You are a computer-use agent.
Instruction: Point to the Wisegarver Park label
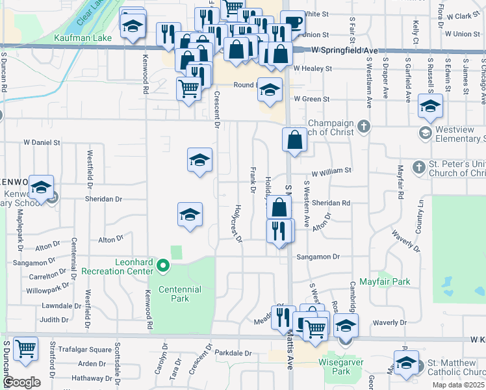click(335, 363)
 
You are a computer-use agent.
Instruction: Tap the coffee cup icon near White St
click(292, 23)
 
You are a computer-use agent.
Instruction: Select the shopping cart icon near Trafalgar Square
click(25, 348)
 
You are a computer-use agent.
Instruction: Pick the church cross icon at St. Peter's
click(418, 168)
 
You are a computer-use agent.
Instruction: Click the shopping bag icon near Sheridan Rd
click(279, 208)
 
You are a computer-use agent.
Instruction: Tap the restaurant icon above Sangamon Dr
click(280, 230)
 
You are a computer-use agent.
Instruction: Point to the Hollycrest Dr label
click(238, 224)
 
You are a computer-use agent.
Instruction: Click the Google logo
click(21, 382)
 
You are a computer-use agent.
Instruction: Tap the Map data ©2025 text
click(457, 385)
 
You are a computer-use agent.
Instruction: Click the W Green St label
click(313, 99)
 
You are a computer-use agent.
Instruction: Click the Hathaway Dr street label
click(92, 378)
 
